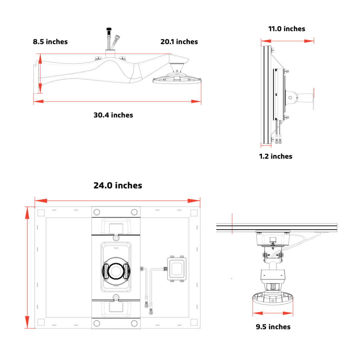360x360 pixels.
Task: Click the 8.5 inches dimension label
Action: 50,42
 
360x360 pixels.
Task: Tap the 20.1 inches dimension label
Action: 179,42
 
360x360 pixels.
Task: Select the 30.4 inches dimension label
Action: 113,115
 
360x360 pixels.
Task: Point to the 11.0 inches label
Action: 287,29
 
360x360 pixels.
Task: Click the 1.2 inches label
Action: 276,156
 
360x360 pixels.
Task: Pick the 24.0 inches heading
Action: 118,185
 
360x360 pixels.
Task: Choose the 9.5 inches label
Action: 273,327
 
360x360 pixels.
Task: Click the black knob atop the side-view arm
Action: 108,30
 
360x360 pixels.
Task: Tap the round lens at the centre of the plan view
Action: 116,271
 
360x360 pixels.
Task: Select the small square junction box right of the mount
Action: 177,269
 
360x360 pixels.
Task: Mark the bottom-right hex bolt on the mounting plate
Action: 134,323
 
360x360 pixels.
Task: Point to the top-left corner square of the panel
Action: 41,213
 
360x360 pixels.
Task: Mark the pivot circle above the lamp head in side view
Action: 176,71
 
